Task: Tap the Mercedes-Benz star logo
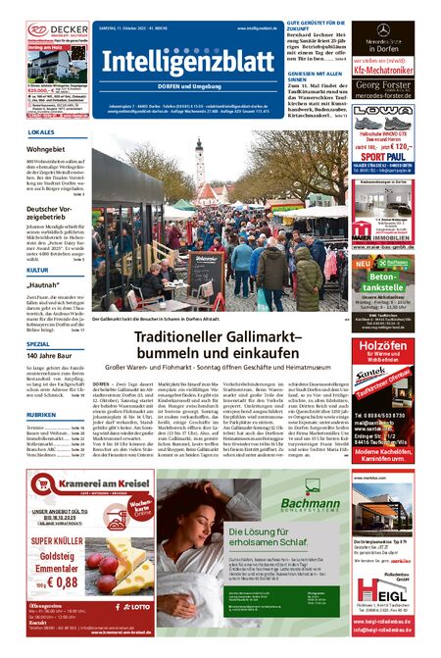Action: click(x=383, y=30)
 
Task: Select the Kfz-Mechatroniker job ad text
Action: click(x=383, y=72)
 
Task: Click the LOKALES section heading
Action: click(x=41, y=131)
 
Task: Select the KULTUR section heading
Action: click(x=38, y=269)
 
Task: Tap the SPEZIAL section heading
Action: click(x=39, y=345)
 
